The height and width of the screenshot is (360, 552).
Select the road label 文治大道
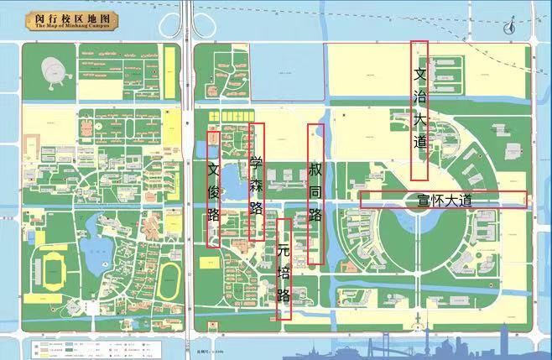(420, 109)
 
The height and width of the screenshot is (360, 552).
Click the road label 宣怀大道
(444, 200)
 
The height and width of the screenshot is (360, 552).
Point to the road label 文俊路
(213, 191)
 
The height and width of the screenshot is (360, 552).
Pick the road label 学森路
(257, 184)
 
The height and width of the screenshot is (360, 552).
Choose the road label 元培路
(284, 272)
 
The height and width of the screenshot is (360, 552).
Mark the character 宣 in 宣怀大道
(424, 200)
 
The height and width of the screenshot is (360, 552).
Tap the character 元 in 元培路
(284, 250)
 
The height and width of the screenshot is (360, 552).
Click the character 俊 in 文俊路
(213, 191)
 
